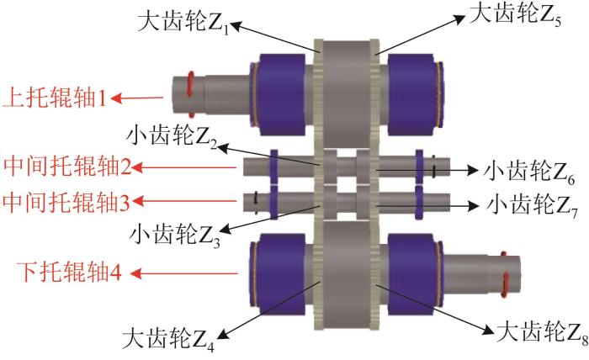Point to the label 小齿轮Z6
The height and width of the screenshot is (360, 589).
[526, 172]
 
